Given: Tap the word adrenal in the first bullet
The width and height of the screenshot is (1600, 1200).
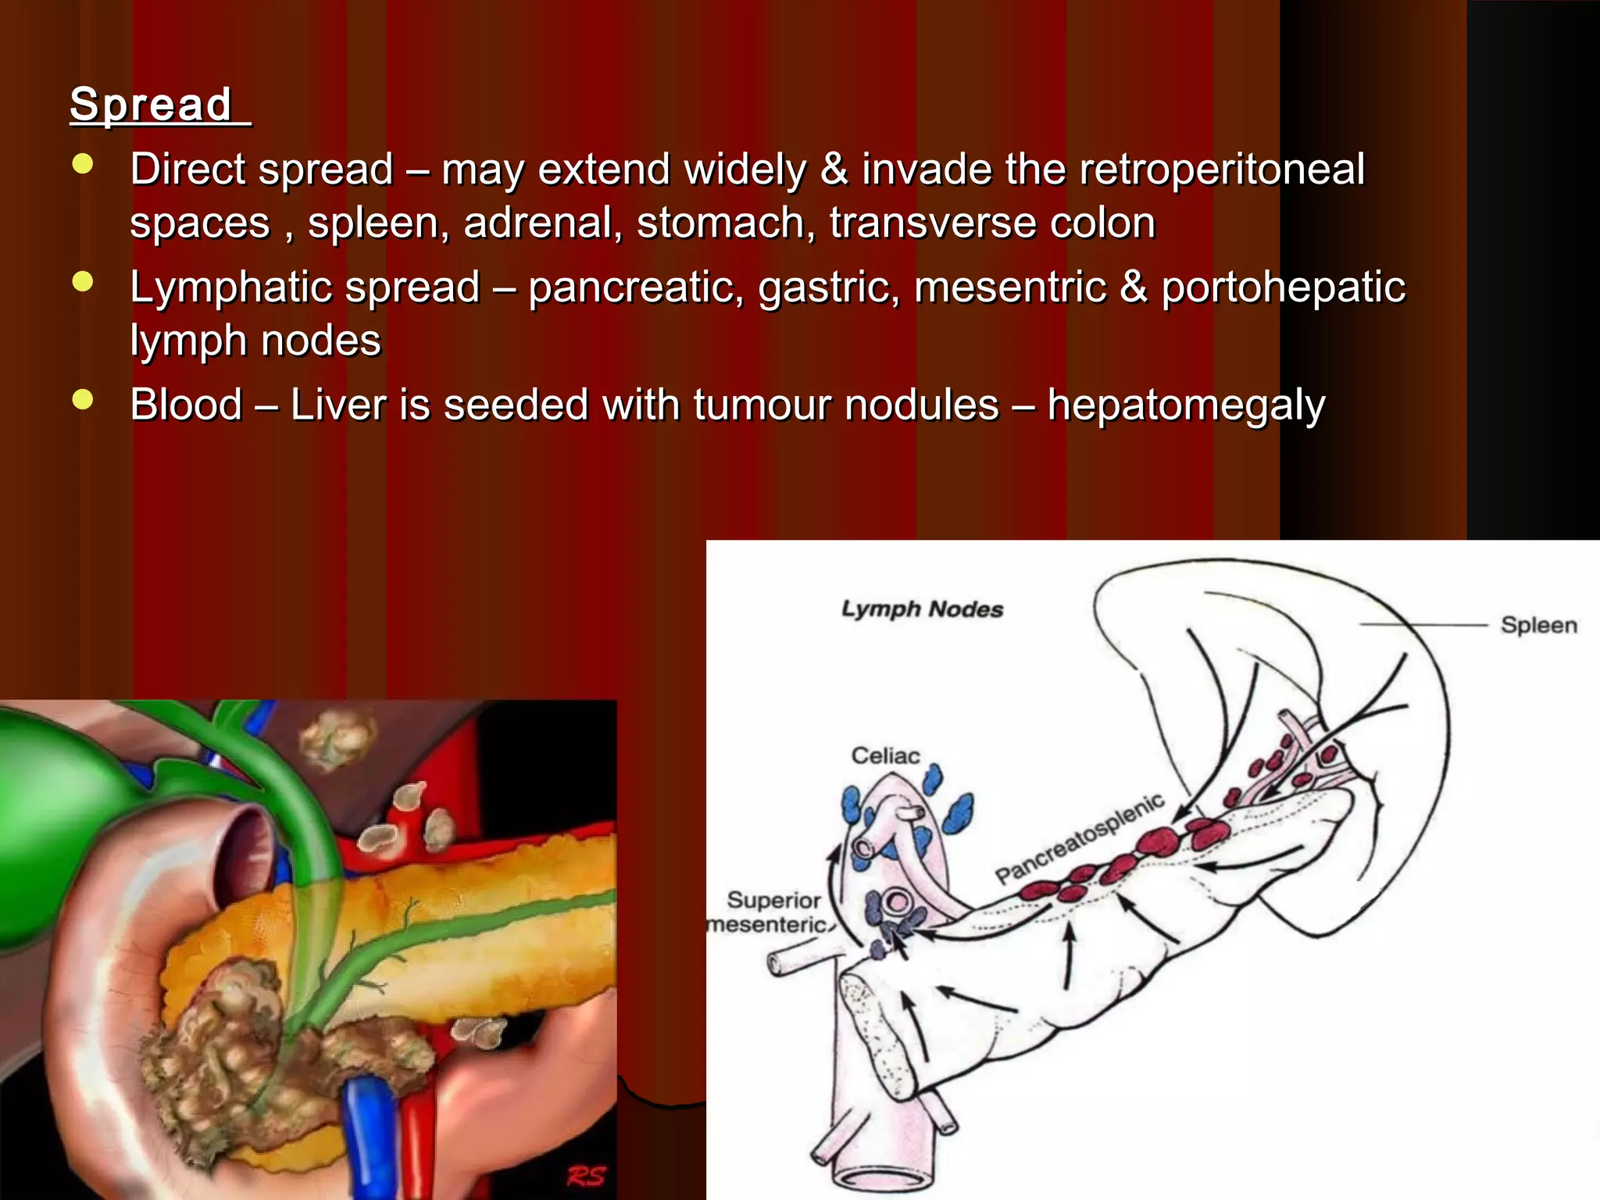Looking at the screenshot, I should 538,223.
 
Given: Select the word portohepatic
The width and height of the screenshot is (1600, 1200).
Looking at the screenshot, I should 1283,287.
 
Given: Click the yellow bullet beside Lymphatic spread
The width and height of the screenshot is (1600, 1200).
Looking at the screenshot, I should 83,281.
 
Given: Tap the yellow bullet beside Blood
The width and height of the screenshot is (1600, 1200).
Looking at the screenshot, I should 83,399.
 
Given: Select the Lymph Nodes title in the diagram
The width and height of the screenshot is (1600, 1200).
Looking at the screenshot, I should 922,609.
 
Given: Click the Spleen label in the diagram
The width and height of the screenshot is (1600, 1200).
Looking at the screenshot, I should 1538,625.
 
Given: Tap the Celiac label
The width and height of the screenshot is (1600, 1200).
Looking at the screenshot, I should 885,755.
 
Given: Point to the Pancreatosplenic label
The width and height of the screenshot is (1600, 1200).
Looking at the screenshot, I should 1080,837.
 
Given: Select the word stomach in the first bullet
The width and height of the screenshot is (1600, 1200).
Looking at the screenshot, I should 720,223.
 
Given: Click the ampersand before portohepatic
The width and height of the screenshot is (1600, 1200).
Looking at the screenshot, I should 1134,287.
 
